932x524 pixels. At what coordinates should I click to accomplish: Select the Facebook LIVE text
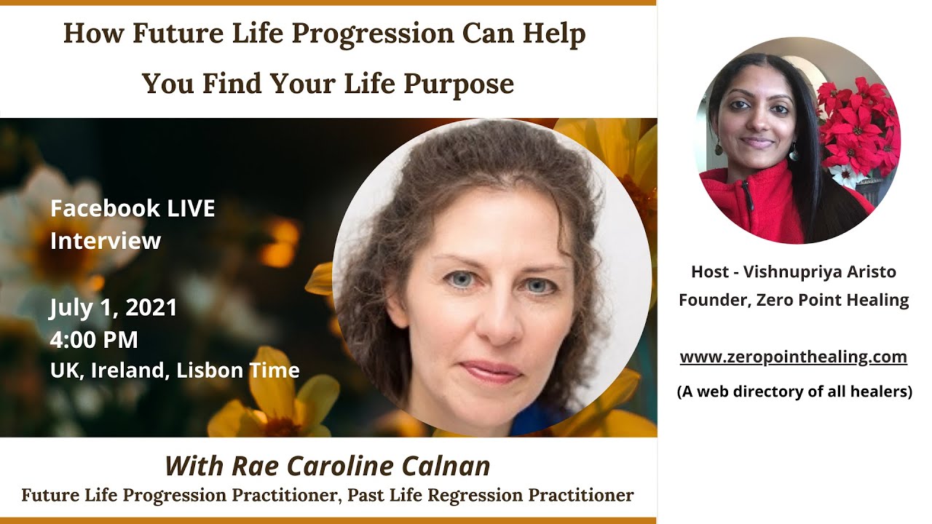133,209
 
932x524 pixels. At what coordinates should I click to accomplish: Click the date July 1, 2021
114,307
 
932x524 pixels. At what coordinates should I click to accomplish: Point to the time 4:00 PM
94,339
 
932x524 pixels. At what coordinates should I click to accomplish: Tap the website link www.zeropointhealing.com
793,357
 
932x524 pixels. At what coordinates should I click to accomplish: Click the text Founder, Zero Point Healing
794,299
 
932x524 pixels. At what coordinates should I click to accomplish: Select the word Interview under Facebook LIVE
105,241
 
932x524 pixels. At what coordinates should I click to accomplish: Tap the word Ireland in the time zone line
133,370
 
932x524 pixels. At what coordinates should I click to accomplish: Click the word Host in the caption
708,271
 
